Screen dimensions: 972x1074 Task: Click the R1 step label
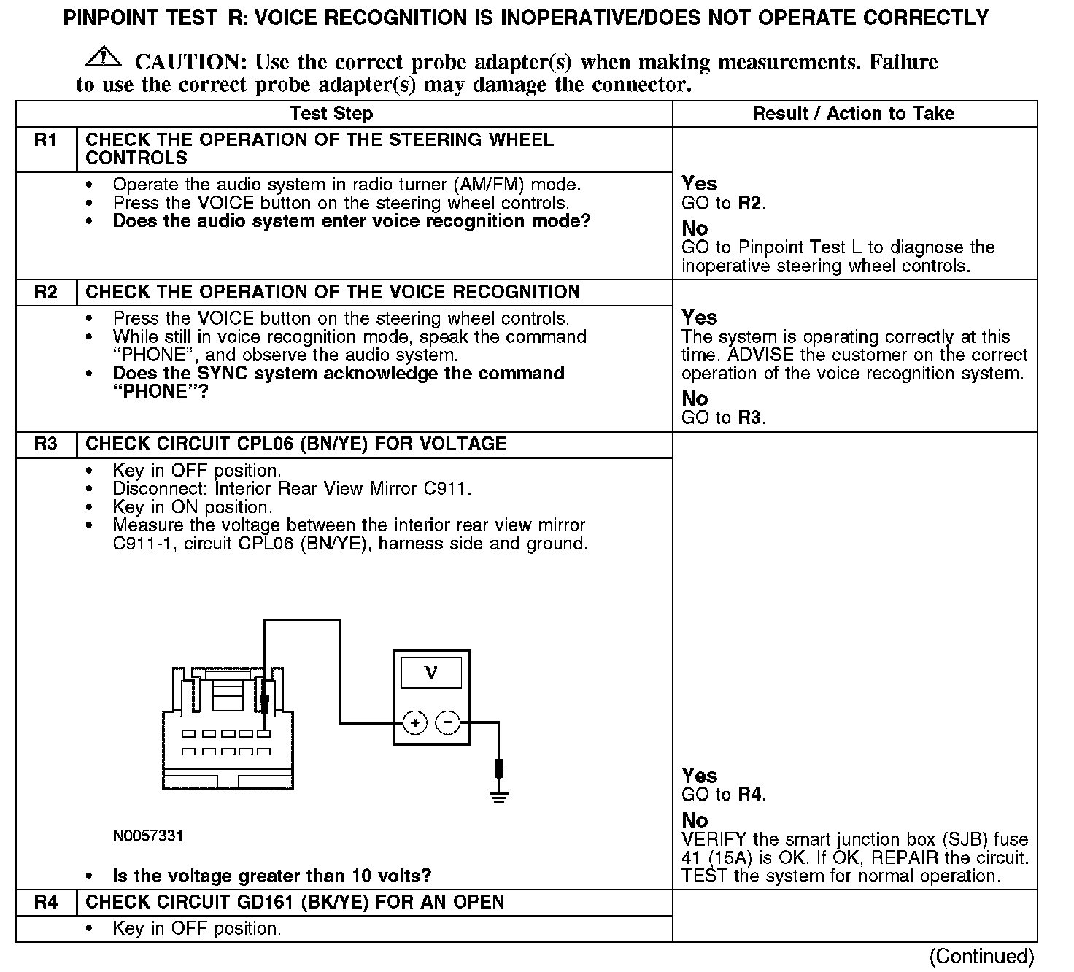[45, 140]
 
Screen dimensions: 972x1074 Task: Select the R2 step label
[45, 293]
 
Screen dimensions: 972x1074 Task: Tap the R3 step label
[45, 444]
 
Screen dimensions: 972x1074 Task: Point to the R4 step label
[45, 903]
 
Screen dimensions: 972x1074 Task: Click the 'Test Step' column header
[331, 114]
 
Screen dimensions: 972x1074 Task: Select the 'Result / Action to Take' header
[853, 114]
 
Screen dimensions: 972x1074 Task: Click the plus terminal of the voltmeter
[414, 723]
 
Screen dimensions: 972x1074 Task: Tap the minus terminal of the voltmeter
[448, 723]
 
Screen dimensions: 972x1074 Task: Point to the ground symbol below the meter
[499, 795]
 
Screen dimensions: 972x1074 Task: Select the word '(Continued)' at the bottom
[982, 956]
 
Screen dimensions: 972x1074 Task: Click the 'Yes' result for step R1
[699, 184]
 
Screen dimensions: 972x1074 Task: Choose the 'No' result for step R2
[695, 398]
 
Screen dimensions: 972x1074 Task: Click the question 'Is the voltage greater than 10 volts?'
[271, 876]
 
